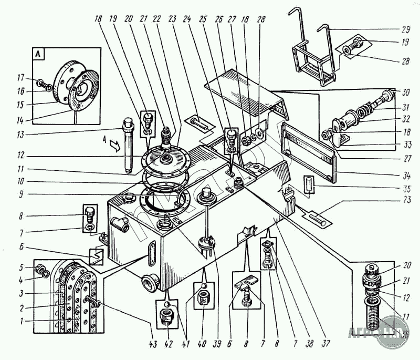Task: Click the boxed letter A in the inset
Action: coord(38,53)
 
